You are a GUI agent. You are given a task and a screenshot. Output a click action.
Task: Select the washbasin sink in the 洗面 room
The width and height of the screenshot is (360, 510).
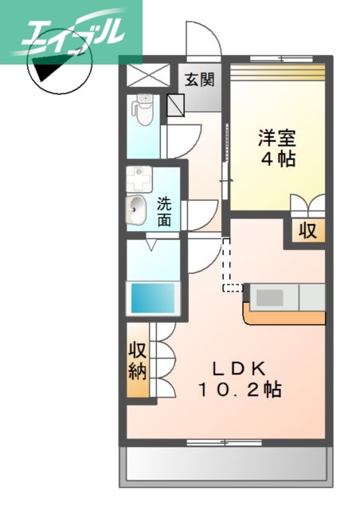136,210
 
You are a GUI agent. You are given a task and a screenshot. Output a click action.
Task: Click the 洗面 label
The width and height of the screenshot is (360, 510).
163,211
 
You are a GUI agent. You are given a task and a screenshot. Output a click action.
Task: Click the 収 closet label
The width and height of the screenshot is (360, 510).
307,231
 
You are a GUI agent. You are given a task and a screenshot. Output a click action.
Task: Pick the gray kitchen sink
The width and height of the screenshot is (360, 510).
270,297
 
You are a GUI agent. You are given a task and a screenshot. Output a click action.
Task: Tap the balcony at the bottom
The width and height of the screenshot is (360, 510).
224,465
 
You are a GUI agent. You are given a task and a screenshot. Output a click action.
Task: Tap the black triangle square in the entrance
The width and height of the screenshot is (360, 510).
176,104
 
